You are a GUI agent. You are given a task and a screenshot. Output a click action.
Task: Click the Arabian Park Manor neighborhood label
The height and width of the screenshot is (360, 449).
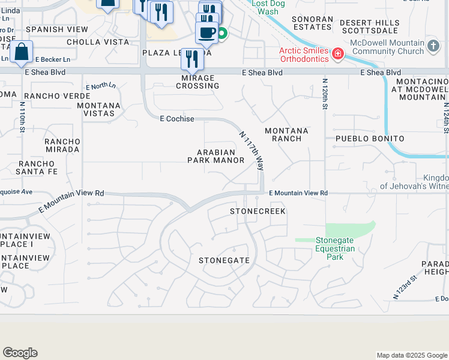215,156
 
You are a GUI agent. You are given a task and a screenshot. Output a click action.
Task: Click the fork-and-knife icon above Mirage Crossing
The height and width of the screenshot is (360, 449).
191,59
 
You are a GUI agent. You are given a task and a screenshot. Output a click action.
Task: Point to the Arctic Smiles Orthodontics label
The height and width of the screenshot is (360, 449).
304,54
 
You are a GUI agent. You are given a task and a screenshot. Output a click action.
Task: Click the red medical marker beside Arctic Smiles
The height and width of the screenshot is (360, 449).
338,54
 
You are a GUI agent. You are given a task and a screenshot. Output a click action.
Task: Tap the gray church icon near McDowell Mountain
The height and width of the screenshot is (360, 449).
433,46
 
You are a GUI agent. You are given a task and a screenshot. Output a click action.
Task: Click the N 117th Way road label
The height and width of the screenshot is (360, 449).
252,151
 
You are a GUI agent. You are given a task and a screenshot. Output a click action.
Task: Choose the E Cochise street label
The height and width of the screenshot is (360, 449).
177,119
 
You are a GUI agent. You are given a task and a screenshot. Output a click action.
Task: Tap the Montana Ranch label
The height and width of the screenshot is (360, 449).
286,134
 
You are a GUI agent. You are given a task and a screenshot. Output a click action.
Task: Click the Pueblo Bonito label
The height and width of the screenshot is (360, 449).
369,139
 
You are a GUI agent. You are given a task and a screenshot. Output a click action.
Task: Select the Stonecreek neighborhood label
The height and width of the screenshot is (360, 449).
258,212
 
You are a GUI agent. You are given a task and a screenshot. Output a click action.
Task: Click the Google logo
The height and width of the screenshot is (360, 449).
20,353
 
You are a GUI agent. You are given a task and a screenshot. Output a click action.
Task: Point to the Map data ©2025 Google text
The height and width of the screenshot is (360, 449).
411,355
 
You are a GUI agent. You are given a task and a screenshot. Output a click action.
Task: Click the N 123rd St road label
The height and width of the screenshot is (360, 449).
405,288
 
